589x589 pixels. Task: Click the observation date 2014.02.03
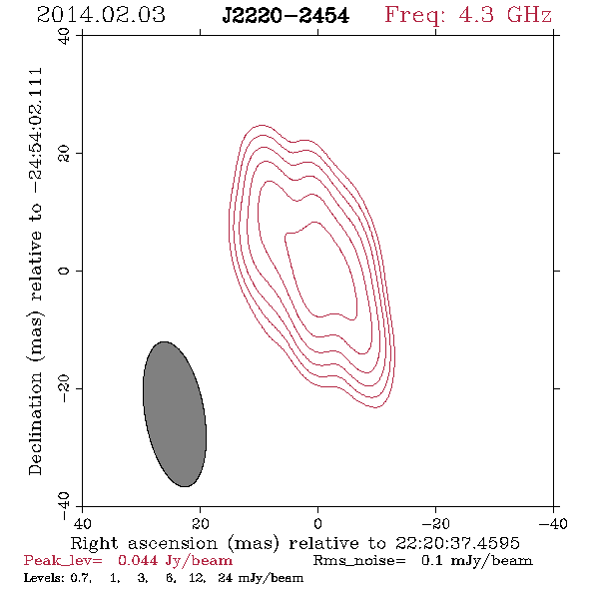101,15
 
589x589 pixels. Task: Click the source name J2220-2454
286,16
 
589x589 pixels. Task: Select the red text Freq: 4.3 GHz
468,15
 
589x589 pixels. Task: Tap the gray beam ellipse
175,414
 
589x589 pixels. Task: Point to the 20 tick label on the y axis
64,154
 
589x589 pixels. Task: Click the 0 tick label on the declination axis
64,271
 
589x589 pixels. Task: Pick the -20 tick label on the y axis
64,389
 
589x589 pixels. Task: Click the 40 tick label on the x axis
82,524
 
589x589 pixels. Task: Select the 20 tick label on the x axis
201,524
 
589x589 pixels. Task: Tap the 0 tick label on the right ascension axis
318,524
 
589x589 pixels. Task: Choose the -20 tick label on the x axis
435,524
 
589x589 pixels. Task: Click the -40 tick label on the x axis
553,524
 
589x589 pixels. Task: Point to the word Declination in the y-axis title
35,424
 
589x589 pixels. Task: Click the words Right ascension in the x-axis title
144,543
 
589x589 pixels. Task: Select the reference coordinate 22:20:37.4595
457,543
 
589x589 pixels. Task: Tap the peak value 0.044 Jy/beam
175,561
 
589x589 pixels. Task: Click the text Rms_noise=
359,561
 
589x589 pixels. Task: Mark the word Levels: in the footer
41,578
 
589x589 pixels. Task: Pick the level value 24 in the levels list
226,578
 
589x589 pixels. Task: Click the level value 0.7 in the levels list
80,578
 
